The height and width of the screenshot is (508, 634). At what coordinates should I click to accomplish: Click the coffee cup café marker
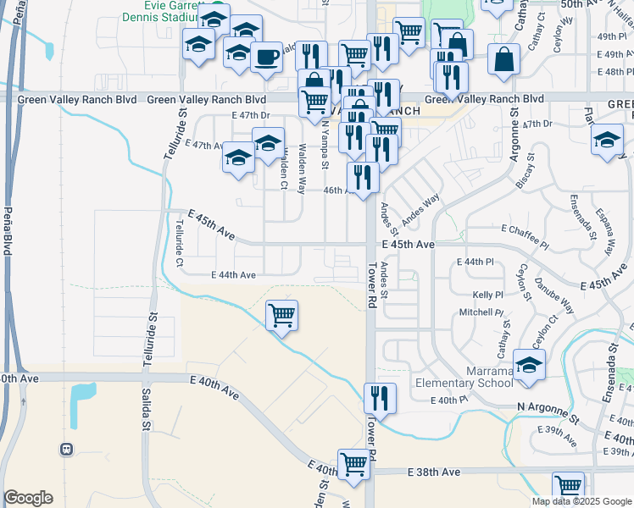pyautogui.click(x=266, y=57)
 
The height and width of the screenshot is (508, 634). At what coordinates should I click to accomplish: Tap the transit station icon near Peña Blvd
pyautogui.click(x=65, y=448)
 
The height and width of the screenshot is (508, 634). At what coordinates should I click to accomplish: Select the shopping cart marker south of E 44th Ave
pyautogui.click(x=281, y=316)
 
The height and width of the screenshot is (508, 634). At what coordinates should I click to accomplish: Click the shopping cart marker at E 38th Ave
pyautogui.click(x=353, y=464)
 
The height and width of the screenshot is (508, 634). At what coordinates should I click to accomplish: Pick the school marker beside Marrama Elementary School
pyautogui.click(x=529, y=365)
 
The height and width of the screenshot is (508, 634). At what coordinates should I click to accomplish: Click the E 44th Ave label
pyautogui.click(x=233, y=274)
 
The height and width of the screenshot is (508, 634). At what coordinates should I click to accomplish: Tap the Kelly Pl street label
pyautogui.click(x=487, y=295)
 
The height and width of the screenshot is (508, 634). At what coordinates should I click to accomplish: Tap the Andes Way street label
pyautogui.click(x=420, y=209)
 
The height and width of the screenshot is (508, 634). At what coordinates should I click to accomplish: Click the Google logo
pyautogui.click(x=28, y=498)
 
